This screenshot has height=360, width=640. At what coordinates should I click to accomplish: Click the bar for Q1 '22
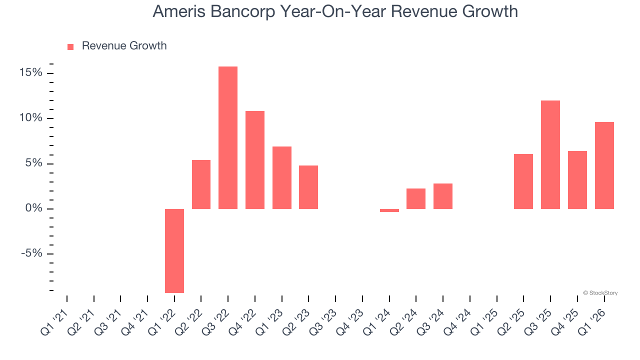click(174, 250)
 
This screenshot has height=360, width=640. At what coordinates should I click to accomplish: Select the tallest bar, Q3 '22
click(228, 137)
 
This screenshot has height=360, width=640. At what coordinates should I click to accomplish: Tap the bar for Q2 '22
click(201, 184)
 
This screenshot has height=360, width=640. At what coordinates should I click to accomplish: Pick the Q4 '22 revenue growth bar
click(255, 160)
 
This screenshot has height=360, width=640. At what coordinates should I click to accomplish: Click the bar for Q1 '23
click(282, 177)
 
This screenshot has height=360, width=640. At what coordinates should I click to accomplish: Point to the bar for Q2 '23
click(308, 187)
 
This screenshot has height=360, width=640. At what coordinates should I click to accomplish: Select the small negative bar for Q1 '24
click(389, 210)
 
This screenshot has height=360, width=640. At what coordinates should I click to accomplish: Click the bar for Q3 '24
click(443, 196)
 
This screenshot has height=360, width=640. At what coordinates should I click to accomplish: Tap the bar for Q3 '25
click(550, 154)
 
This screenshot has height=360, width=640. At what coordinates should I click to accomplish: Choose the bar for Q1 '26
click(604, 165)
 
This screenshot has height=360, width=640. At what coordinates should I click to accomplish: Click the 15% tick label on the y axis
click(31, 73)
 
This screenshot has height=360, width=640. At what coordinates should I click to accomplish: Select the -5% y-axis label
click(31, 253)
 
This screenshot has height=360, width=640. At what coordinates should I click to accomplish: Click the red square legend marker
click(70, 46)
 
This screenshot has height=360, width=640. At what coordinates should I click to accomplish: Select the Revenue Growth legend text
click(124, 46)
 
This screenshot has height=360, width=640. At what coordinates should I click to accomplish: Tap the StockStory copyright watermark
click(600, 293)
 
